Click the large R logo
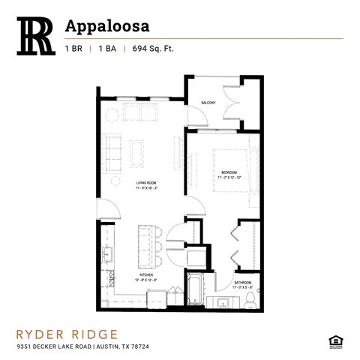(x=35, y=35)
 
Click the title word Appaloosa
(x=108, y=25)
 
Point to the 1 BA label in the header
(x=113, y=49)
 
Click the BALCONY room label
(x=208, y=103)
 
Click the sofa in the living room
(x=113, y=151)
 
